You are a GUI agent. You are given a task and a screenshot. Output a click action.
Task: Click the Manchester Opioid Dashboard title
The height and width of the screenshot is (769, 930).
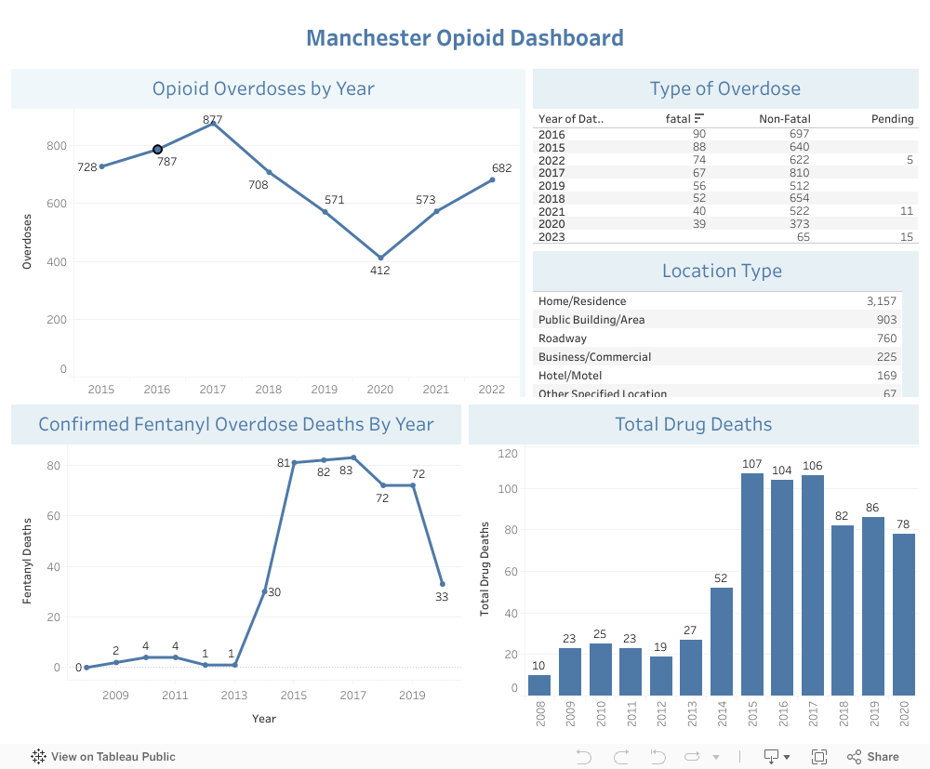click(465, 38)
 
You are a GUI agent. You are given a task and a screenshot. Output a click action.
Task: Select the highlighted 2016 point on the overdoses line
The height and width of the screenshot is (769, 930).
click(157, 150)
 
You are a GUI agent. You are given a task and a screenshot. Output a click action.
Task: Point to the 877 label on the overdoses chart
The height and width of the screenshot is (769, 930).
click(213, 120)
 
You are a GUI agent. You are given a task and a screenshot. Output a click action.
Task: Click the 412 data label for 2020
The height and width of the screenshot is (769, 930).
click(379, 271)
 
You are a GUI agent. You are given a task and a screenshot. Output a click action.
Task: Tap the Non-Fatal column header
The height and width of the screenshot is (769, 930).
click(784, 119)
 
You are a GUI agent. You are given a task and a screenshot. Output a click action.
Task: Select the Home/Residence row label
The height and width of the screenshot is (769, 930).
click(582, 301)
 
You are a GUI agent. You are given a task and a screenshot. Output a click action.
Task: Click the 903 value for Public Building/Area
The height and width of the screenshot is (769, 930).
click(886, 320)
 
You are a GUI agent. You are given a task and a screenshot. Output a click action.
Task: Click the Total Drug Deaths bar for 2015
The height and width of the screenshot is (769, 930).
click(752, 584)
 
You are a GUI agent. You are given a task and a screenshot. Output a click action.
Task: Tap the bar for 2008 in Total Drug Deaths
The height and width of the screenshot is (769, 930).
click(539, 685)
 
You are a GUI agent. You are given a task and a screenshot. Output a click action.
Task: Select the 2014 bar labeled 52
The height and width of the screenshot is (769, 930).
click(721, 642)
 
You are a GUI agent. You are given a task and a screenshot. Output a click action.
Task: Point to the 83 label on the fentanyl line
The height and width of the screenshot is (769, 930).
click(346, 471)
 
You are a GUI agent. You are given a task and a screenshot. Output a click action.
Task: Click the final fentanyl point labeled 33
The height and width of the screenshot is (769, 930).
click(442, 584)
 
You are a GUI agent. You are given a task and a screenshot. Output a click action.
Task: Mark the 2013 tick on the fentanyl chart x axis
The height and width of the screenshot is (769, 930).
click(234, 696)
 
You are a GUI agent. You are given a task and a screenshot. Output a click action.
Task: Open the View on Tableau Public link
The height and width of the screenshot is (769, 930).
click(103, 757)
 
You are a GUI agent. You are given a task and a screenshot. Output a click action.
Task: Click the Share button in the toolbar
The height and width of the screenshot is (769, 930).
click(872, 757)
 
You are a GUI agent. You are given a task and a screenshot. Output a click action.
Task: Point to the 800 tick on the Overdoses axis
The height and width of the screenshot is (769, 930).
click(56, 146)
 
